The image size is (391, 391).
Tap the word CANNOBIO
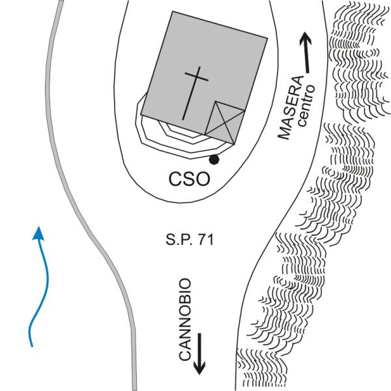(x=185, y=319)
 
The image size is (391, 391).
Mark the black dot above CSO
(x=214, y=159)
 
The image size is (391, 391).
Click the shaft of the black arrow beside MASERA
(x=306, y=55)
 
